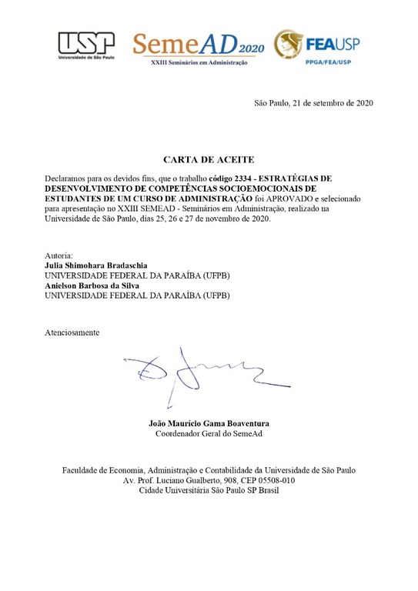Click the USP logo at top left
pyautogui.click(x=85, y=44)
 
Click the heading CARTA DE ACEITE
pyautogui.click(x=208, y=159)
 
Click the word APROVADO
pyautogui.click(x=286, y=198)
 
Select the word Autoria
pyautogui.click(x=59, y=255)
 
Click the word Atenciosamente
pyautogui.click(x=72, y=332)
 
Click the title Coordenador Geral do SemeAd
pyautogui.click(x=209, y=434)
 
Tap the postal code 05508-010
pyautogui.click(x=274, y=481)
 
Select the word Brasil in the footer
pyautogui.click(x=264, y=491)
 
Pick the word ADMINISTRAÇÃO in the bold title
pyautogui.click(x=209, y=198)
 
